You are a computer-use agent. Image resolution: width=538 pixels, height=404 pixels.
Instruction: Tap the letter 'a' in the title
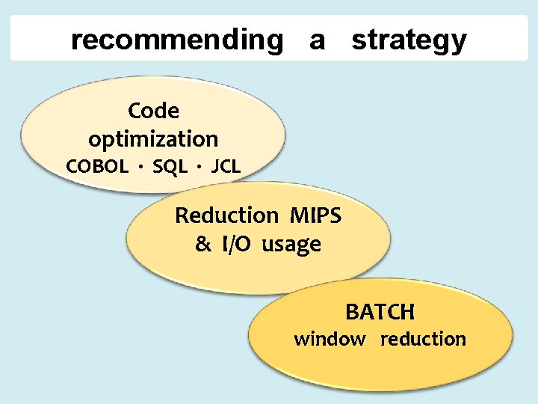tap(317, 40)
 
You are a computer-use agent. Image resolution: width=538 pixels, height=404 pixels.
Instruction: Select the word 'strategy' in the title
tap(409, 41)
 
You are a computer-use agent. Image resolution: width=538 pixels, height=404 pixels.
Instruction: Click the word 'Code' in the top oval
tap(153, 111)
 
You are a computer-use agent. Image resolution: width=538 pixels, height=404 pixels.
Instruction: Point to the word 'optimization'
tap(153, 139)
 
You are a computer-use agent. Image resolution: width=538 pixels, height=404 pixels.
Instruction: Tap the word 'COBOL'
tap(97, 167)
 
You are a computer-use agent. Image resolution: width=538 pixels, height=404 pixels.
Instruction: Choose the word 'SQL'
tap(170, 167)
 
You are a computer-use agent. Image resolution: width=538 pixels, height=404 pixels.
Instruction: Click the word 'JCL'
tap(226, 167)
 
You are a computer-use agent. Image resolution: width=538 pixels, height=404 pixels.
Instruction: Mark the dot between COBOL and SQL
tap(140, 168)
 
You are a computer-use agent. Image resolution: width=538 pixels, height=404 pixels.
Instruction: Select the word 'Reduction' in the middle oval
tap(226, 216)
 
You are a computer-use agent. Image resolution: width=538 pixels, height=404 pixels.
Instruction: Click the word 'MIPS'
tap(314, 216)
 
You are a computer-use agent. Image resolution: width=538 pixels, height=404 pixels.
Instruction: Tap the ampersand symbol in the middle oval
tap(202, 245)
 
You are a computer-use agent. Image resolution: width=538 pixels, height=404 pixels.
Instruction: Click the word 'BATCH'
tap(380, 311)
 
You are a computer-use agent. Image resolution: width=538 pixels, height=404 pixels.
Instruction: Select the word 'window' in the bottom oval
tap(330, 340)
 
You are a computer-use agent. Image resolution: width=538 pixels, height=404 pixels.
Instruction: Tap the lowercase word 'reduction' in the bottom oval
tap(423, 340)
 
